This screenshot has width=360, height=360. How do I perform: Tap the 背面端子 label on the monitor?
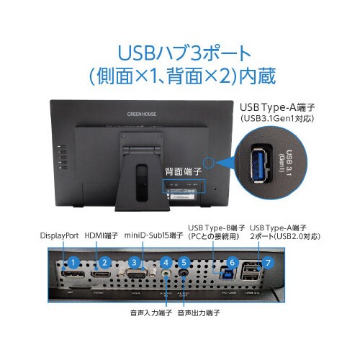point(183,172)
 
